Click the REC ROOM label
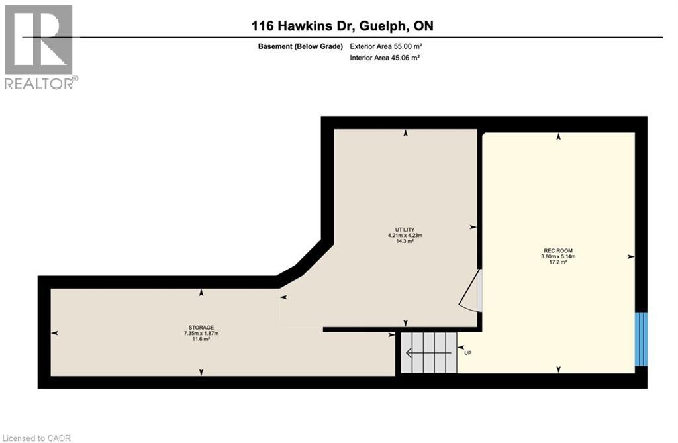point(557,250)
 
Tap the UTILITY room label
point(405,230)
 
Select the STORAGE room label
point(201,328)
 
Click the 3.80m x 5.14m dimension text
point(557,256)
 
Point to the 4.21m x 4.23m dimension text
point(405,235)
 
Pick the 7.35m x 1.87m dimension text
point(201,334)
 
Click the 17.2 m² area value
point(557,262)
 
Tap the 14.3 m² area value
point(405,241)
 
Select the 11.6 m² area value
point(201,339)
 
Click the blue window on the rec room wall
point(641,339)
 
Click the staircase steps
point(428,352)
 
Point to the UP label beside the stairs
point(468,353)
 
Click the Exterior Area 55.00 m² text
point(386,46)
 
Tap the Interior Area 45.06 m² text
point(385,58)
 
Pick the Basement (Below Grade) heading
point(301,46)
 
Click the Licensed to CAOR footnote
point(36,438)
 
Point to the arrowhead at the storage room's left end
point(54,332)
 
